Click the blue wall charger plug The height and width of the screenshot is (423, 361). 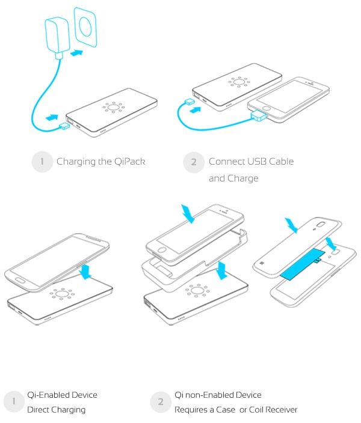pos(57,37)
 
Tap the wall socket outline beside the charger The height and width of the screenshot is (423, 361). pos(85,27)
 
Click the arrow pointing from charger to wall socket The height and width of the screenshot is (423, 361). pos(76,52)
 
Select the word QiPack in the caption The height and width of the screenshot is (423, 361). pos(130,162)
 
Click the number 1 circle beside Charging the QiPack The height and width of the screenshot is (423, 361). pos(42,162)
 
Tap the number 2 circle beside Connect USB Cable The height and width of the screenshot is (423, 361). pos(194,162)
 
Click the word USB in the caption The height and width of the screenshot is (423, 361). pos(257,161)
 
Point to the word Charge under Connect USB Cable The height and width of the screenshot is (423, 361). pos(243,178)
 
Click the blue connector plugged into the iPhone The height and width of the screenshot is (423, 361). pos(258,116)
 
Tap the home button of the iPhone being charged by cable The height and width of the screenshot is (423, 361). pos(267,108)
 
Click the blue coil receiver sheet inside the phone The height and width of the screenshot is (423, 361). pos(303,264)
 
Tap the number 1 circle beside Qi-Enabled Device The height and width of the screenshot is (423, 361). pos(13,401)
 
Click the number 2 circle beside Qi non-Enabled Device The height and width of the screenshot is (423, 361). pos(161,402)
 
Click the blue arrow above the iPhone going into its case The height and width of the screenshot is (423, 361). pos(188,214)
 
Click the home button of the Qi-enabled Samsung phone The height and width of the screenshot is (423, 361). pos(20,280)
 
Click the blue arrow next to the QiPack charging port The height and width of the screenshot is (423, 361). pos(52,118)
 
